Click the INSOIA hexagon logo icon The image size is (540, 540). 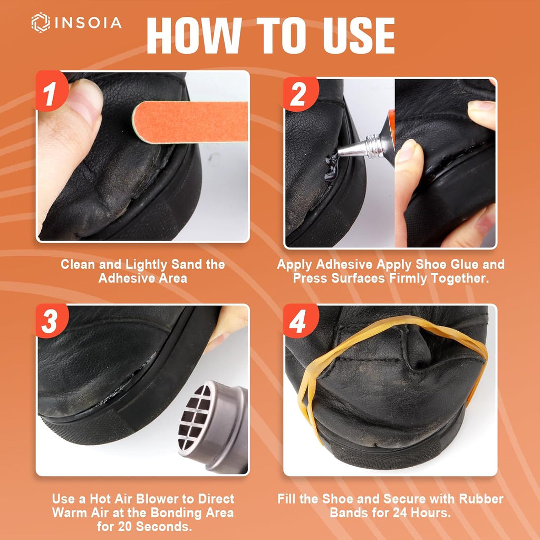click(x=41, y=23)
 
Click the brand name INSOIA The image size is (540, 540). click(x=88, y=23)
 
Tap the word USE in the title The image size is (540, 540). click(x=359, y=36)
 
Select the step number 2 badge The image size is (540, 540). click(x=299, y=94)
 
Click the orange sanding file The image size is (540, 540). click(x=190, y=122)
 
